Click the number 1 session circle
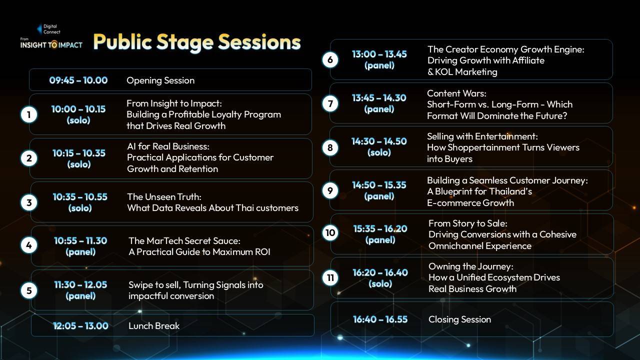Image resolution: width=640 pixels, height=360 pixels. [x=29, y=115]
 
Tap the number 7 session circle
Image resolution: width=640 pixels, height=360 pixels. [x=330, y=103]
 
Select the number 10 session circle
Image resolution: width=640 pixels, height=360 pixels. [x=330, y=232]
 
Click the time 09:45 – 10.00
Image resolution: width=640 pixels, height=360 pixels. [x=78, y=80]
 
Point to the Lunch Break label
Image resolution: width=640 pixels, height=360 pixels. [x=154, y=325]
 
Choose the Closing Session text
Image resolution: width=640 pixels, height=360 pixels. [x=459, y=319]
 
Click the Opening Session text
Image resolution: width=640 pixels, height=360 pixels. [x=160, y=80]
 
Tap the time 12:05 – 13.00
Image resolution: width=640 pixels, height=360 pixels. [x=80, y=325]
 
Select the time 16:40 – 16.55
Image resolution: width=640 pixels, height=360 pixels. [x=380, y=319]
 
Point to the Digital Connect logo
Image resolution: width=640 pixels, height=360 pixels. [x=49, y=29]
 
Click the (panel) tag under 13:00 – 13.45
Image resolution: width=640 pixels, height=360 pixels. [x=379, y=65]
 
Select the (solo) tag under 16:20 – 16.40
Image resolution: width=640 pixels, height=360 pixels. [x=380, y=283]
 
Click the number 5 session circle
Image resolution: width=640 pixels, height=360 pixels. [x=29, y=290]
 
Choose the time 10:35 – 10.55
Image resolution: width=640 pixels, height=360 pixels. [x=80, y=197]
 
